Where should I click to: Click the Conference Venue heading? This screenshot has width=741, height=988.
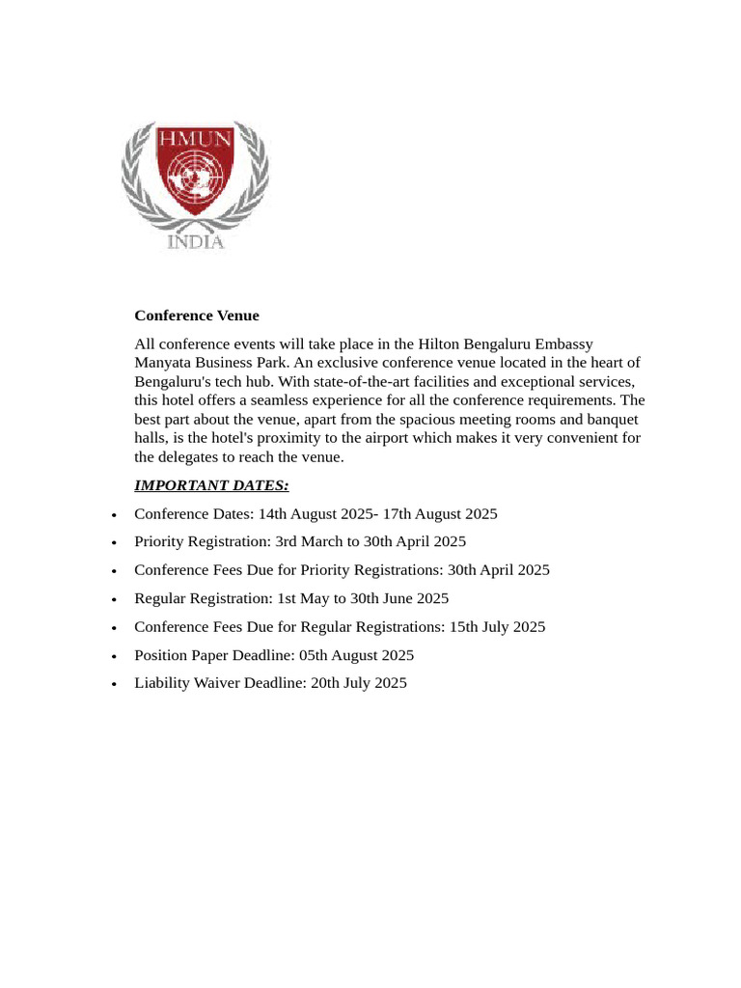tap(197, 316)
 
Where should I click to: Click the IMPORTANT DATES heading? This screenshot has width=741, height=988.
tap(211, 484)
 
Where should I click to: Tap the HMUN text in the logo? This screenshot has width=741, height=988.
tap(195, 141)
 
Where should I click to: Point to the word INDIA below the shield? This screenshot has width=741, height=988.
tap(196, 241)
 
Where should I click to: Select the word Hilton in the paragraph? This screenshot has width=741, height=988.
tap(438, 343)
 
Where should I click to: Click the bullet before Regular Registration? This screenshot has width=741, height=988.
tap(115, 600)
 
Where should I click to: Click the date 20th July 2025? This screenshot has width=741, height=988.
tap(359, 683)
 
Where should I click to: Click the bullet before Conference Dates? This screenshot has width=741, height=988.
tap(115, 515)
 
